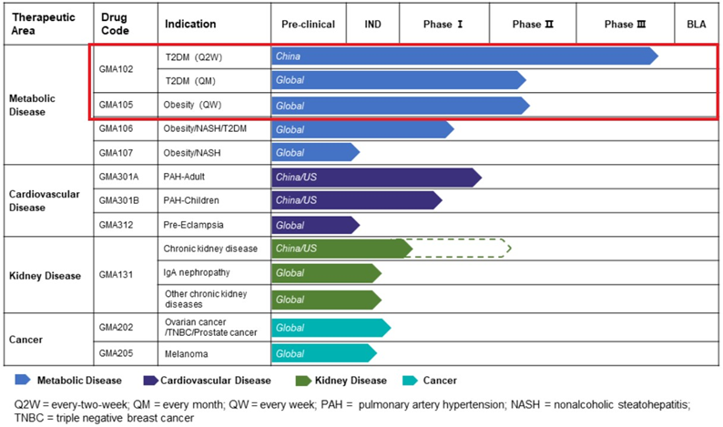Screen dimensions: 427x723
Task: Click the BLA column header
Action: [696, 25]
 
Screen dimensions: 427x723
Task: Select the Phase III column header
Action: [625, 25]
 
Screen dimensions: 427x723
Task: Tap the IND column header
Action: [372, 25]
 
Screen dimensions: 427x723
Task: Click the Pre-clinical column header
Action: [309, 25]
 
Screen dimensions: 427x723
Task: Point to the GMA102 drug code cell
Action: [116, 68]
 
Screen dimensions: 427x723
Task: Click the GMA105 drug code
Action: [116, 106]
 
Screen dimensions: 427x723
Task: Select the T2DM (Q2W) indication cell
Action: [192, 56]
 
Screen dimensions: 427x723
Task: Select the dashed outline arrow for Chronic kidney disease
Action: [460, 248]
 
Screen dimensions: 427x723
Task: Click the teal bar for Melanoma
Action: [323, 353]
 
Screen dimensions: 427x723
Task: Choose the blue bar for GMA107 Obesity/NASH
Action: [314, 152]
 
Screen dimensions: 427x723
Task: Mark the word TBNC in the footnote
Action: [28, 418]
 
